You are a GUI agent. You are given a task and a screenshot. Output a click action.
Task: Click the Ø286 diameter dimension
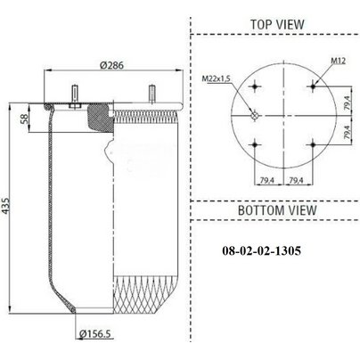click(111, 65)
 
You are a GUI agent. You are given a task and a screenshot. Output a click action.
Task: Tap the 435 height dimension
click(5, 206)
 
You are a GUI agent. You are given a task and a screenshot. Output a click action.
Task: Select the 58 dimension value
click(24, 119)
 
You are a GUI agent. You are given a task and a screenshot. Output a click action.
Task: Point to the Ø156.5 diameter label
click(95, 334)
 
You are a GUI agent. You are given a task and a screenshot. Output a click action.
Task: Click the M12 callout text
click(339, 61)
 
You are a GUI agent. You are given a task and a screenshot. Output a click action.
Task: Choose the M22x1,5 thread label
click(217, 78)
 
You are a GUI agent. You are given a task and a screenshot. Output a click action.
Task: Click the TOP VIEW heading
click(277, 24)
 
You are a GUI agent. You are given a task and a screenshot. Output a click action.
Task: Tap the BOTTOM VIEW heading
click(277, 210)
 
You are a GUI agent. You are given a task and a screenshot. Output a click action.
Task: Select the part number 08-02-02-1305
click(262, 250)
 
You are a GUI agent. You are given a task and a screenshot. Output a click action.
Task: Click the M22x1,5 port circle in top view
click(255, 116)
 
